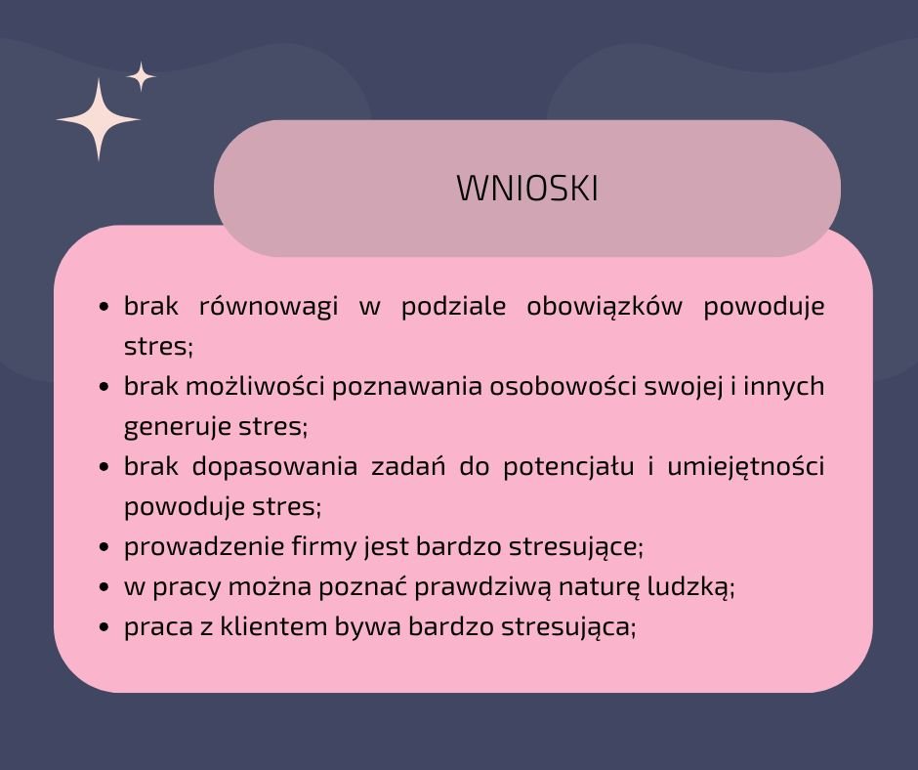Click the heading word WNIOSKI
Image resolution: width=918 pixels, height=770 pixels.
527,189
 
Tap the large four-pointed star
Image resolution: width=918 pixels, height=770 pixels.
99,119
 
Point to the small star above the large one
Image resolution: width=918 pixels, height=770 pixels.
141,76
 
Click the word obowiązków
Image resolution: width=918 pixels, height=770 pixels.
605,306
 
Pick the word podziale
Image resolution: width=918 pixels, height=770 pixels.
453,306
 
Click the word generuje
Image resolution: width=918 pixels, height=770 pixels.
169,427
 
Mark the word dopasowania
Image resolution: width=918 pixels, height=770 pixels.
274,466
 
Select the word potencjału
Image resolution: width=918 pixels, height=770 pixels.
568,466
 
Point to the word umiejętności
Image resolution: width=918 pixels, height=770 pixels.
745,466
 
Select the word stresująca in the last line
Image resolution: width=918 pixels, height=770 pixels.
568,627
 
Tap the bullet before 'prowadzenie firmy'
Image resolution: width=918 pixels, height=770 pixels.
104,547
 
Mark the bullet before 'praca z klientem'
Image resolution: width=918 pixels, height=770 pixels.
104,627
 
